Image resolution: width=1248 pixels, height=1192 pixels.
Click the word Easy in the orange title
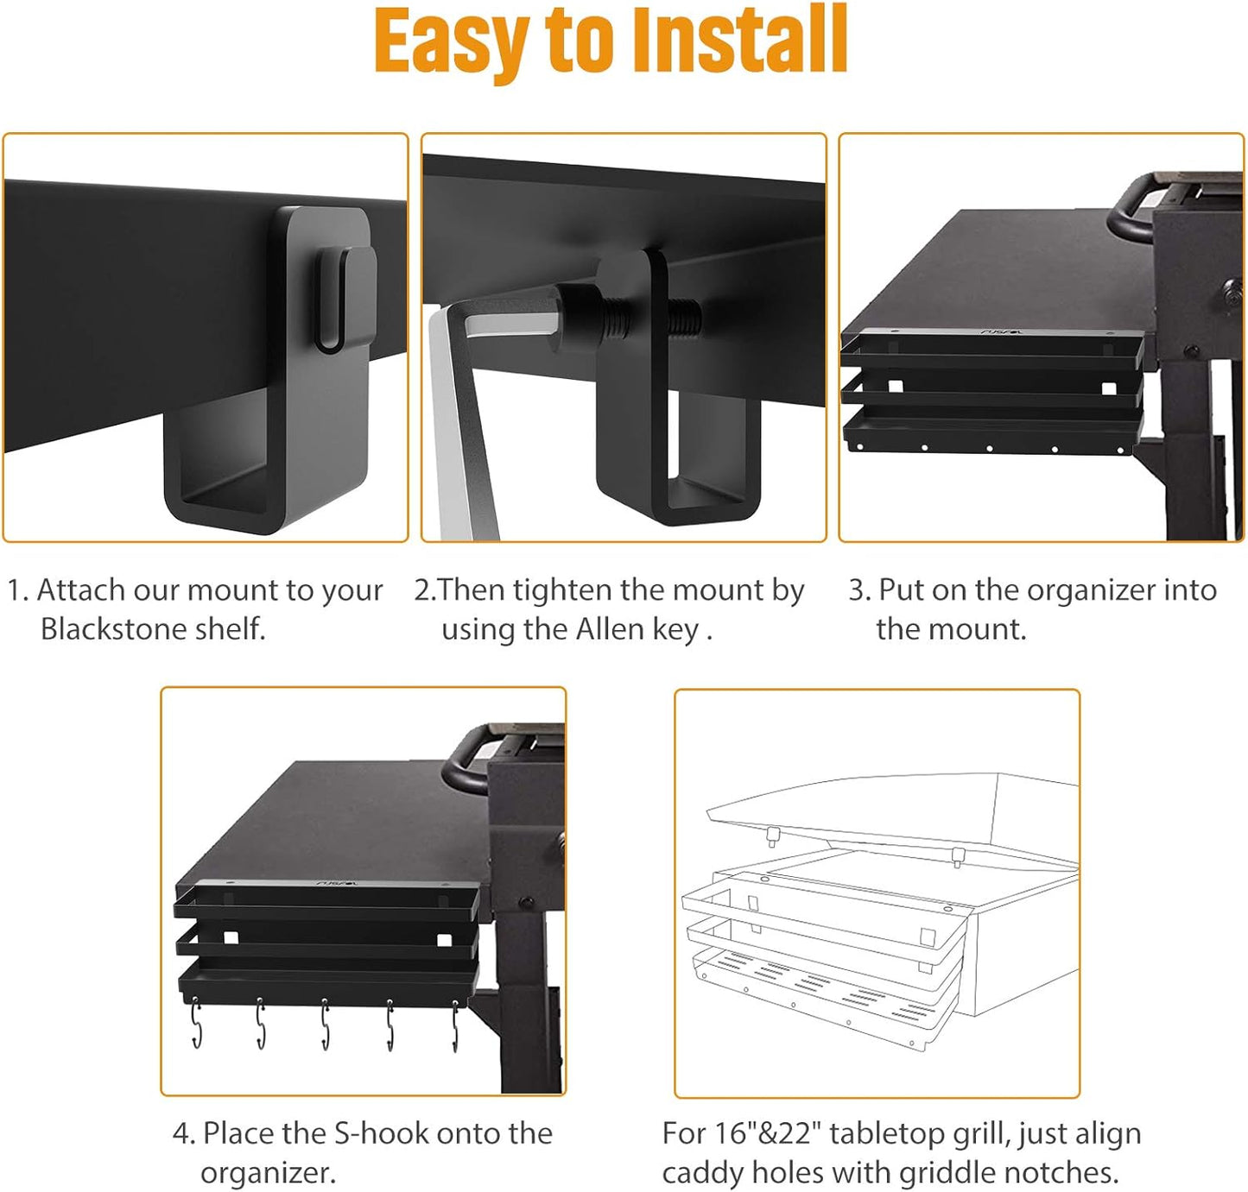click(451, 41)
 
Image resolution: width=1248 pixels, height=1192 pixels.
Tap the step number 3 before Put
click(857, 590)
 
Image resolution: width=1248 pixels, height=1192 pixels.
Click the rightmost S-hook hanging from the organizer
click(455, 1027)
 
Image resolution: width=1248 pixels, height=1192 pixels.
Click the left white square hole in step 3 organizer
click(895, 386)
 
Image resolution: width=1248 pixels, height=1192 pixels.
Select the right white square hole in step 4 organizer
click(444, 939)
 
